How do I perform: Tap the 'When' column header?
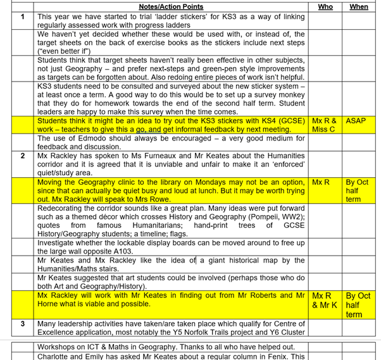pyautogui.click(x=358, y=6)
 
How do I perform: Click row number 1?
pyautogui.click(x=23, y=16)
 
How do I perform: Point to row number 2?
pyautogui.click(x=23, y=154)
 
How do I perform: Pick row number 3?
pyautogui.click(x=23, y=323)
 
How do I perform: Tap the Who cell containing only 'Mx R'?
pyautogui.click(x=322, y=181)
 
